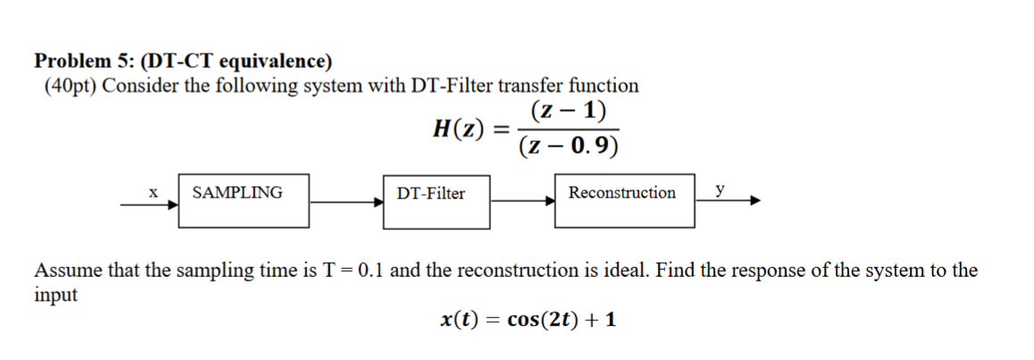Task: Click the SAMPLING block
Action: [244, 200]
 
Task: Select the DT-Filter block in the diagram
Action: [437, 200]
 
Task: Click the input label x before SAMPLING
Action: [154, 191]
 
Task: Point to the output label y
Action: [720, 190]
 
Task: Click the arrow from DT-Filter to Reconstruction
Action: [523, 201]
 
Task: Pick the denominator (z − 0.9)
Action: [569, 146]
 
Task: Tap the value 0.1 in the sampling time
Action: [371, 271]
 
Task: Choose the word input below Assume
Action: [55, 296]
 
